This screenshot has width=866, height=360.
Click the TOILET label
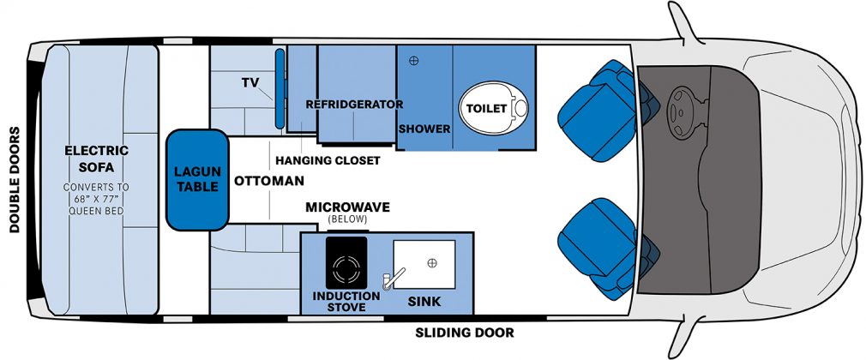[x=486, y=109]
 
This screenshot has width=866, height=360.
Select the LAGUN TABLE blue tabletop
[x=198, y=180]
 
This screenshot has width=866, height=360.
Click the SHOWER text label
[x=424, y=129]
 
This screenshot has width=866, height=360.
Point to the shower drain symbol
[x=413, y=61]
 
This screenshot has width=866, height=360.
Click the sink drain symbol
[x=432, y=262]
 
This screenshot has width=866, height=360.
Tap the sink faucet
[x=394, y=278]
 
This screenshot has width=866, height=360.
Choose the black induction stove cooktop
[x=346, y=262]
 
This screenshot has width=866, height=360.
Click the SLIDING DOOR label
[x=465, y=333]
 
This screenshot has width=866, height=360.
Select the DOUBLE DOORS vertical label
[x=15, y=180]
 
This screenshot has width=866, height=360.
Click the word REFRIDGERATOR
[x=354, y=104]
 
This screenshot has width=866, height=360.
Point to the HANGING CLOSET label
[x=328, y=160]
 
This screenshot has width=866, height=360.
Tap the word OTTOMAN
[x=269, y=181]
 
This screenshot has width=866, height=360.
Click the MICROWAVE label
[x=348, y=207]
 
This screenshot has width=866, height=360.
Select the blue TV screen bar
[x=280, y=89]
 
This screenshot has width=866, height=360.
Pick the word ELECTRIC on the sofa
[x=97, y=151]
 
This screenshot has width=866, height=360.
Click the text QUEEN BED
[x=96, y=210]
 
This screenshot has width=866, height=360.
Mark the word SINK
[x=424, y=302]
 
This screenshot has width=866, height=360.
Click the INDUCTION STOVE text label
[x=346, y=301]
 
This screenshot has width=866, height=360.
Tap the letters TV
[x=250, y=83]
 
